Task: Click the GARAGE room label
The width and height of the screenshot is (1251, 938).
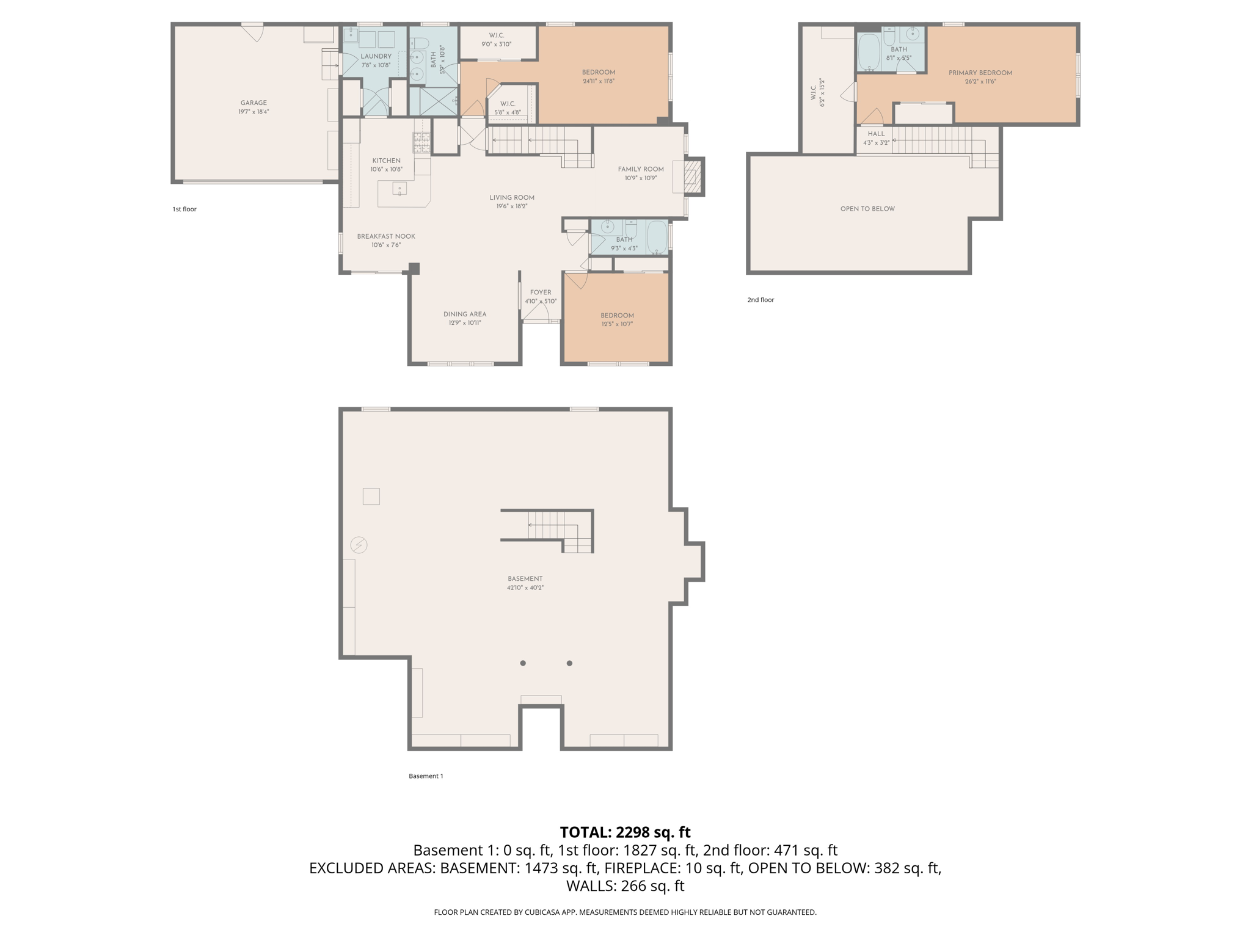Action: coord(253,103)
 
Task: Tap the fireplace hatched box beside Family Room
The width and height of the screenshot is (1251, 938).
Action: coord(692,176)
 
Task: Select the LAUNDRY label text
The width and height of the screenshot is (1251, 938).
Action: coord(376,56)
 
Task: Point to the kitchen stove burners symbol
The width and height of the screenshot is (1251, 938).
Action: coord(421,142)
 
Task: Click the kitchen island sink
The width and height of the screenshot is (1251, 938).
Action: coord(399,189)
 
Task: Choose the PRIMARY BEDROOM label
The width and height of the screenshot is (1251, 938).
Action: coord(980,73)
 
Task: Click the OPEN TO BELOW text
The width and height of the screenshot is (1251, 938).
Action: coord(867,209)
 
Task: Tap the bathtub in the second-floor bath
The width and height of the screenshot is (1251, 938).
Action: coord(869,53)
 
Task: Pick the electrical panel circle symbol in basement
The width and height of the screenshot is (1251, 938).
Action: coord(359,545)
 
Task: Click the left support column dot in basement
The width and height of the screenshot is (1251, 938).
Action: coord(523,663)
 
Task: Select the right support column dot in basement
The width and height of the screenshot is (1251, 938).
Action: coord(569,663)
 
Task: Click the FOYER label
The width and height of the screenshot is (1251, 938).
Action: coord(540,293)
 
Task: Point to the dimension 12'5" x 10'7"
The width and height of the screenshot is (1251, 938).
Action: coord(617,324)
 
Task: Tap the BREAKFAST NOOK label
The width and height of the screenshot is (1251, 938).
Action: coord(386,236)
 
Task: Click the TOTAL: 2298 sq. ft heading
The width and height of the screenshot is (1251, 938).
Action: coord(625,832)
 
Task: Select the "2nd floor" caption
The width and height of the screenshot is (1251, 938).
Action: coord(760,300)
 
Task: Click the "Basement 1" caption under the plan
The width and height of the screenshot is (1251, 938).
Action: coord(426,776)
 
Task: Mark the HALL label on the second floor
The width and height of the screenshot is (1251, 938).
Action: coord(876,134)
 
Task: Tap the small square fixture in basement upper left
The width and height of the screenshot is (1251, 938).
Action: coord(371,496)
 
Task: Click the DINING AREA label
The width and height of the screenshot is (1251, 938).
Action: coord(465,314)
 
